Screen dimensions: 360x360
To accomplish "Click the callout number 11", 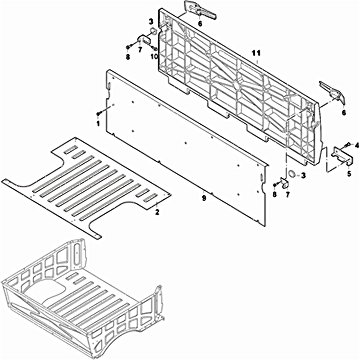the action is click(256, 53).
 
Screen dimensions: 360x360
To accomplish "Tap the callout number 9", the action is click(204, 198).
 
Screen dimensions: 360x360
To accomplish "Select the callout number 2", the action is click(157, 212).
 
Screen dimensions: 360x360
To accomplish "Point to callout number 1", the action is click(98, 123).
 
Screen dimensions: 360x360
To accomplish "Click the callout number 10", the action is click(154, 56).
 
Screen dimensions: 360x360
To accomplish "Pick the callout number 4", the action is click(356, 145).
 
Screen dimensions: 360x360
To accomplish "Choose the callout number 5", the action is click(349, 173).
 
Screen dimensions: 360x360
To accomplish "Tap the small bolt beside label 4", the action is click(347, 145).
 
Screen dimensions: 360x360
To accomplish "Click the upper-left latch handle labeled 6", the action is click(200, 12).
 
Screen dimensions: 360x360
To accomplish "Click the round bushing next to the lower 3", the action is click(292, 174).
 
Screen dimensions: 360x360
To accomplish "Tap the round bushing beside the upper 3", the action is click(153, 31).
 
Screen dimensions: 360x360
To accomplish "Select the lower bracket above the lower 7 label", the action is click(285, 183).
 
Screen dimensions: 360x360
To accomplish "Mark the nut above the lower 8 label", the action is click(275, 185).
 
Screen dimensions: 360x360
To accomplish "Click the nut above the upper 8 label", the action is click(128, 47).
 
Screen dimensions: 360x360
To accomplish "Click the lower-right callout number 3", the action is click(303, 175).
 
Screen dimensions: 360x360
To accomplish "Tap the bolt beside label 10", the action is click(154, 48).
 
